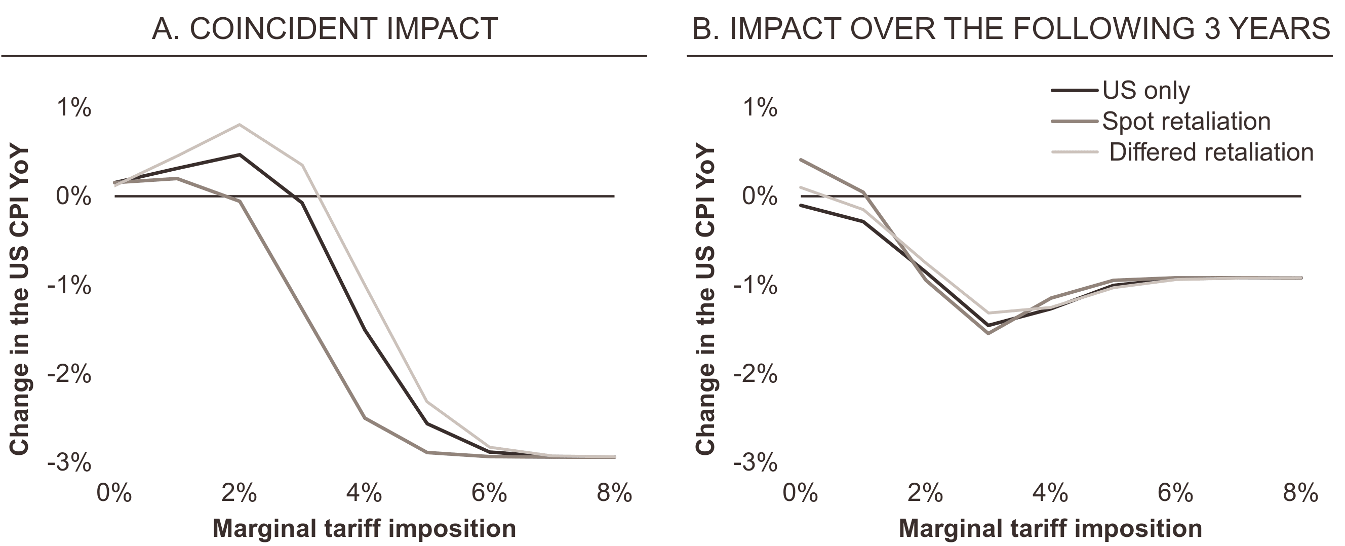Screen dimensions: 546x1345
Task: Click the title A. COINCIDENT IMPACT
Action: click(324, 29)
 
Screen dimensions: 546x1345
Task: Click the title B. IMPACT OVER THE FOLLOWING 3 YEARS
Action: click(1010, 29)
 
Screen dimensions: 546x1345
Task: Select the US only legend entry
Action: click(1145, 91)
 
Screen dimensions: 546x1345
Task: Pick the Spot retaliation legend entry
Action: click(1185, 122)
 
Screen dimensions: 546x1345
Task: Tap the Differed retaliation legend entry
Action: click(1210, 152)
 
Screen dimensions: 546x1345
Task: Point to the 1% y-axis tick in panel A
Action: click(73, 108)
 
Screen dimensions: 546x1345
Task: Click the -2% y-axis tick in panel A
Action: click(69, 374)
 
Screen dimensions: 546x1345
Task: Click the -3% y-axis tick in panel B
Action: click(755, 463)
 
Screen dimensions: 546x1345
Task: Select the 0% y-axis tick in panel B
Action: click(759, 197)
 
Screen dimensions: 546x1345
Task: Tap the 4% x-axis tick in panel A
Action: click(364, 493)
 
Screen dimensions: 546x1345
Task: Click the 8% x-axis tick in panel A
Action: click(614, 493)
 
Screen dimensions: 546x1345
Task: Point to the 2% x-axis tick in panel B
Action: click(925, 493)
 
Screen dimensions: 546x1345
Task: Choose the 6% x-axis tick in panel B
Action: click(1175, 493)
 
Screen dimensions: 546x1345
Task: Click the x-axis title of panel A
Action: click(364, 528)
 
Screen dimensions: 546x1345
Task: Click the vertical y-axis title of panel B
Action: click(705, 299)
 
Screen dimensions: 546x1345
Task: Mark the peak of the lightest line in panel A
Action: click(239, 124)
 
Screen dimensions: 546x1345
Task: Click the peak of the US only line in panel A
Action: click(239, 154)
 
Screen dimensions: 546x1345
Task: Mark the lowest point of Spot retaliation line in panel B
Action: click(988, 333)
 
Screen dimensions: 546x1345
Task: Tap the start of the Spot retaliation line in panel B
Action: click(801, 160)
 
